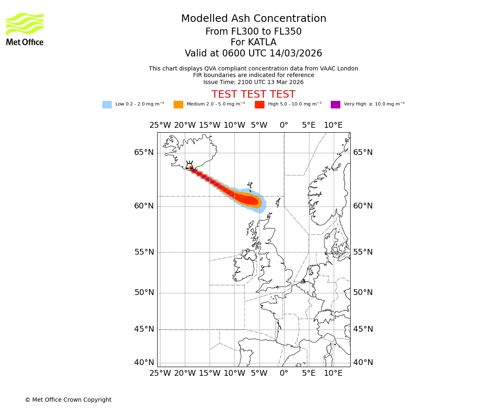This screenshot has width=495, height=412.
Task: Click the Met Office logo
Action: (x=25, y=29)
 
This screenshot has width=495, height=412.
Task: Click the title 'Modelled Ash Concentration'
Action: (x=253, y=19)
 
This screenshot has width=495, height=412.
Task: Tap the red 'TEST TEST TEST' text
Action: (x=253, y=95)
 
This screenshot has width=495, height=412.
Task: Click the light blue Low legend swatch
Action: (x=107, y=105)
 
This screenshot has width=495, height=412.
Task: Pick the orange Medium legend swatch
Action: (x=178, y=105)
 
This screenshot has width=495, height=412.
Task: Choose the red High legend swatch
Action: (x=259, y=105)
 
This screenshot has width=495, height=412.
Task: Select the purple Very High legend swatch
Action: (x=335, y=105)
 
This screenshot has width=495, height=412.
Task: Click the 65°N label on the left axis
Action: (x=144, y=152)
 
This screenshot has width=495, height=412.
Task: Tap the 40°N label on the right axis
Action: (x=363, y=363)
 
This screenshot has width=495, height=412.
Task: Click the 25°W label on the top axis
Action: (x=160, y=125)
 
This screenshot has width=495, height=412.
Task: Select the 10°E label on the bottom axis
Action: (x=333, y=373)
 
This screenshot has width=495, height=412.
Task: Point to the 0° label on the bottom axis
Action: (x=284, y=373)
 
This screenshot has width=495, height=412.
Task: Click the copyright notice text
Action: (x=68, y=400)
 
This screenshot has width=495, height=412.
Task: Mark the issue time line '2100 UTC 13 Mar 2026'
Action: (x=253, y=82)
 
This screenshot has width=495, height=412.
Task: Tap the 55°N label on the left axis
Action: (x=144, y=252)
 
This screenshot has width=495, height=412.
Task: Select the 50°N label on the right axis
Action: (x=363, y=293)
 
